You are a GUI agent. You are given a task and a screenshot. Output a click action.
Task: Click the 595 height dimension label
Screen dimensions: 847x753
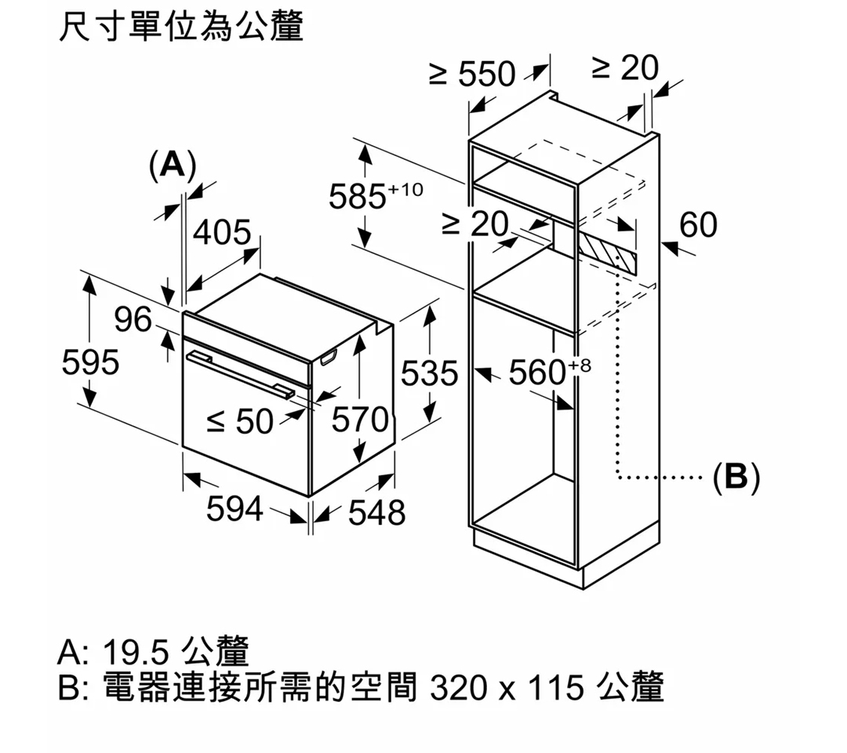click(90, 362)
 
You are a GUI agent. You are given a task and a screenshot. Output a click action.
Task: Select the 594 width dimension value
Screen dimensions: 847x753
click(234, 509)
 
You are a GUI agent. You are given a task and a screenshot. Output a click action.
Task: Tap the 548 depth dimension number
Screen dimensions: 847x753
click(376, 513)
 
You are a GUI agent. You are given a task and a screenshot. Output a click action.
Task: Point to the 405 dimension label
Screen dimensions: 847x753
click(222, 232)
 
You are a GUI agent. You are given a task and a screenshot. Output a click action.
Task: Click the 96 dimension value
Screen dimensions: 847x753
click(133, 319)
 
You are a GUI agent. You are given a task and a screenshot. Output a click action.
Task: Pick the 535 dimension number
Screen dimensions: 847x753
click(430, 373)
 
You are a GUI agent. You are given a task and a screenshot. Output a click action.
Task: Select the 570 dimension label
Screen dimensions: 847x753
click(360, 420)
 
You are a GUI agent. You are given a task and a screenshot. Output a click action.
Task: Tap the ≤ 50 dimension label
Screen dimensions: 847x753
click(240, 421)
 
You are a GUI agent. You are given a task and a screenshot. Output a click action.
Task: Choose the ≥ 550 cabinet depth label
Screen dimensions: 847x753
click(472, 74)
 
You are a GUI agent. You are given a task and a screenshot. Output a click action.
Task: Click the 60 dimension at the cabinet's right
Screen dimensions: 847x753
click(699, 224)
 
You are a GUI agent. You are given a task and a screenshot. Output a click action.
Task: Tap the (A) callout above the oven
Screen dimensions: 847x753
click(173, 165)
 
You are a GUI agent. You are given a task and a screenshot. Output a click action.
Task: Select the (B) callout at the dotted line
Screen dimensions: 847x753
click(736, 478)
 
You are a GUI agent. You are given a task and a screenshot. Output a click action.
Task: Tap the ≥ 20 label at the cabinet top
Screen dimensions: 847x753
click(625, 67)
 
